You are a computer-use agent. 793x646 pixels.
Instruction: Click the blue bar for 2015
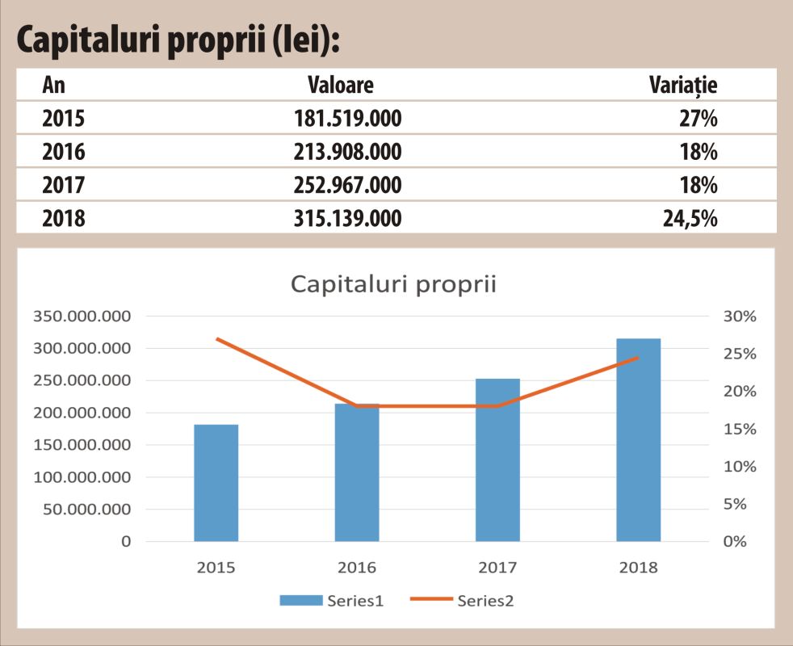(216, 483)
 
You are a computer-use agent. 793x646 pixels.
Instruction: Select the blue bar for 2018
(638, 440)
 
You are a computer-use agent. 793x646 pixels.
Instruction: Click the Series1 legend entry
(332, 600)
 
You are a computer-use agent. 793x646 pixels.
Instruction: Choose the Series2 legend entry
(463, 600)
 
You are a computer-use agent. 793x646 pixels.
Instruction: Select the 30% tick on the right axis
(739, 317)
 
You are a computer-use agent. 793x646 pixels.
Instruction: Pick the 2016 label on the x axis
(357, 568)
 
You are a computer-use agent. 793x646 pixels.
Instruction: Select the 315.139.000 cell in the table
(347, 217)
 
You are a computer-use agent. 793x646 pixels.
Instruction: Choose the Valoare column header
(341, 85)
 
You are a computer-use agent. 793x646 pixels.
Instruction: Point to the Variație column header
(684, 85)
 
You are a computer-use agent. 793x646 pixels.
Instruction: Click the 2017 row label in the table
(63, 185)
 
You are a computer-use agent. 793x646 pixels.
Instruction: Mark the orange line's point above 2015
(216, 338)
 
